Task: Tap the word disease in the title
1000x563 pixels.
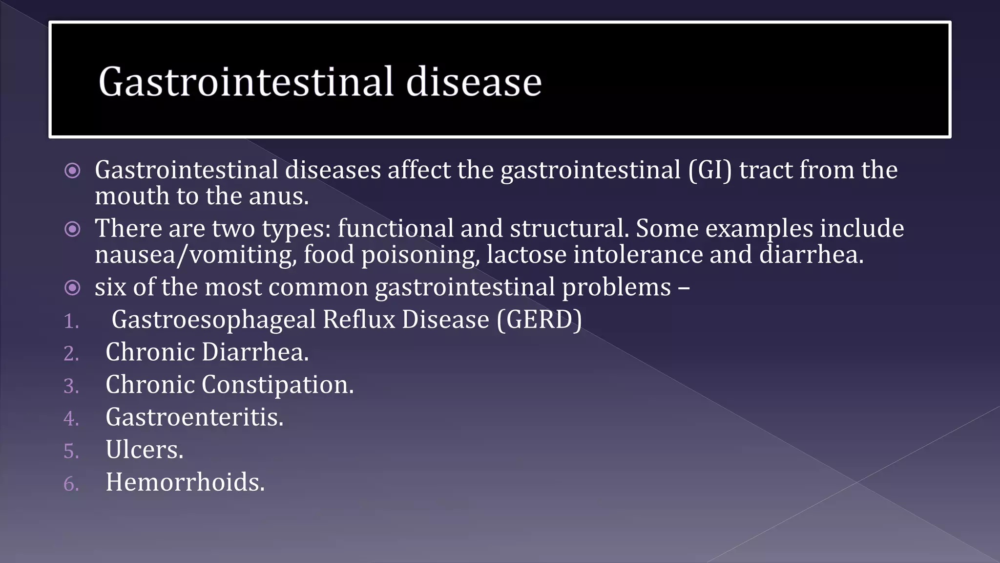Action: [474, 82]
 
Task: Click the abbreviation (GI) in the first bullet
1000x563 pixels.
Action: [710, 170]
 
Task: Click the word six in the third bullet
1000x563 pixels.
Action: [110, 287]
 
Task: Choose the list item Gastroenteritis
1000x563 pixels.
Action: [194, 417]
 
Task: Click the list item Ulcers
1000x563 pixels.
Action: [145, 450]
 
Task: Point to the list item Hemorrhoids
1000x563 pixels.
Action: [185, 482]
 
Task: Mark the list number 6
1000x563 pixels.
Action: [70, 484]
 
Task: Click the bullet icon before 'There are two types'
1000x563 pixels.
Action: [72, 229]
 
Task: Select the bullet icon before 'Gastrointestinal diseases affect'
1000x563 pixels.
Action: [72, 171]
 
